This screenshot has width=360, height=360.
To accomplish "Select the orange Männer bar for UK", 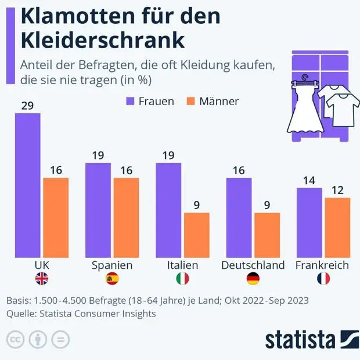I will pyautogui.click(x=56, y=217).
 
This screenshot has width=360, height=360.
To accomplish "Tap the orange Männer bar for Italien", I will pyautogui.click(x=196, y=235).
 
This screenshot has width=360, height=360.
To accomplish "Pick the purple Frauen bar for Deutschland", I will pyautogui.click(x=239, y=217).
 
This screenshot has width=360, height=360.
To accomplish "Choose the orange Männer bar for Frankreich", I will pyautogui.click(x=337, y=227).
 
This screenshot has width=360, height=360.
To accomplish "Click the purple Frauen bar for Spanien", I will pyautogui.click(x=98, y=210).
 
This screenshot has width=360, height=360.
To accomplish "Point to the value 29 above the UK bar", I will pyautogui.click(x=27, y=105).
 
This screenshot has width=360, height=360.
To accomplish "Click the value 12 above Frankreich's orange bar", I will pyautogui.click(x=337, y=190).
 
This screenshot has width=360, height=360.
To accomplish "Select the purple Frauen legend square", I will pyautogui.click(x=131, y=101).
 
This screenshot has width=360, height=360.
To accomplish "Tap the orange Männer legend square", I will pyautogui.click(x=191, y=101).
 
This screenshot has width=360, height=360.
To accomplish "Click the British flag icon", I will pyautogui.click(x=42, y=279).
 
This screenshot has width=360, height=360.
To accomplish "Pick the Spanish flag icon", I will pyautogui.click(x=112, y=279).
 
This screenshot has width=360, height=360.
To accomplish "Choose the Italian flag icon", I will pyautogui.click(x=182, y=279).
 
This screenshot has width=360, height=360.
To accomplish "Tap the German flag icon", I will pyautogui.click(x=253, y=279).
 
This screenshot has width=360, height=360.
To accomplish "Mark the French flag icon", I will pyautogui.click(x=323, y=279).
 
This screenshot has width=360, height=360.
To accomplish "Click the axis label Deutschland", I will pyautogui.click(x=253, y=265).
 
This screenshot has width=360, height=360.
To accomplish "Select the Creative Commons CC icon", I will pyautogui.click(x=16, y=339).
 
